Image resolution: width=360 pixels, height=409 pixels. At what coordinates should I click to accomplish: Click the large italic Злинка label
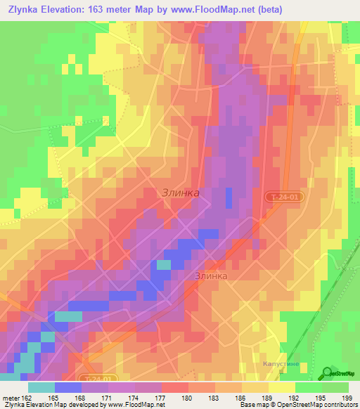(x=181, y=193)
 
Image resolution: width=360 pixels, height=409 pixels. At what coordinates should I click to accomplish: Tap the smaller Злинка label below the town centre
(x=211, y=276)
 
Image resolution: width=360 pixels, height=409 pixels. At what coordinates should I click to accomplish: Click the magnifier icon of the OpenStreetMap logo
(x=326, y=374)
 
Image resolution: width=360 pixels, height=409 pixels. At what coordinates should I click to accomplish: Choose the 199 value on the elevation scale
(x=346, y=397)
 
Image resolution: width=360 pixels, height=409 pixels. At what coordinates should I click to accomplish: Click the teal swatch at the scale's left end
(x=41, y=387)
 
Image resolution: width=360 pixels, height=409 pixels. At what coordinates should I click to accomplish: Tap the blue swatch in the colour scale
(x=68, y=387)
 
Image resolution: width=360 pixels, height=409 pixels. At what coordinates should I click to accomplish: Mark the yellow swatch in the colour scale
(x=282, y=387)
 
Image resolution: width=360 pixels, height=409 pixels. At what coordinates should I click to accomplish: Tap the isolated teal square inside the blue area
(x=163, y=264)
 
